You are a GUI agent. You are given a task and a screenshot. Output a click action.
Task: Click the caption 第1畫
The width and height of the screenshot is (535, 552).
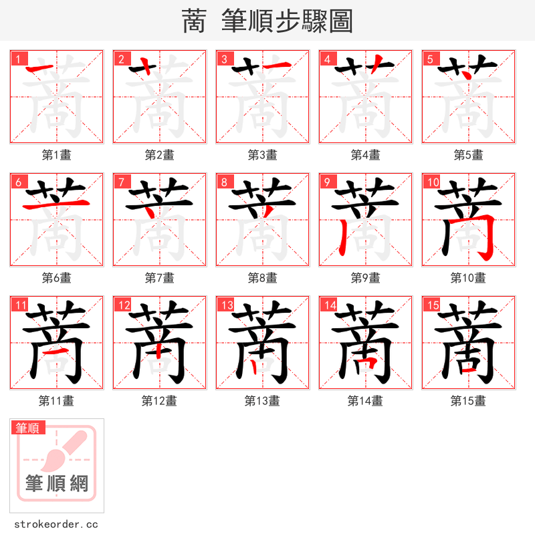coord(57,155)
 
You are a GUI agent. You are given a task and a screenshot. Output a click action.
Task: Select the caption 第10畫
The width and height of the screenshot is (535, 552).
coord(468,278)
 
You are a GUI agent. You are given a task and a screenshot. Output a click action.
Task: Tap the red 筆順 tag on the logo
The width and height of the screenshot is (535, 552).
coord(27,428)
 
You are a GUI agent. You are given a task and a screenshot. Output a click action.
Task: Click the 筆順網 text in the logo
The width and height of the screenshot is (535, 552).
coord(57,483)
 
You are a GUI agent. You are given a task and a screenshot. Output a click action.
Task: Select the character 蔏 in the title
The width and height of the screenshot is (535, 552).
coord(194,21)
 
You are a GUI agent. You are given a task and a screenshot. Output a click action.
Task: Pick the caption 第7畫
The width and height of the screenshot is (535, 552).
coord(160,278)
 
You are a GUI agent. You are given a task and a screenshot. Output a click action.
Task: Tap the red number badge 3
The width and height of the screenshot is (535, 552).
coord(224,59)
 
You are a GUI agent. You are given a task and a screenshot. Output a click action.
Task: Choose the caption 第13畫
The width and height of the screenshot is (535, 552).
coord(262,401)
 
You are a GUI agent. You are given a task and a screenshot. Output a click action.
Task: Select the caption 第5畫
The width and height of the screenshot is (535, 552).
coord(468,155)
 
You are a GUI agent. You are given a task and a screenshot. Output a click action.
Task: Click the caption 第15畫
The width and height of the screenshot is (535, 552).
coord(468,401)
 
